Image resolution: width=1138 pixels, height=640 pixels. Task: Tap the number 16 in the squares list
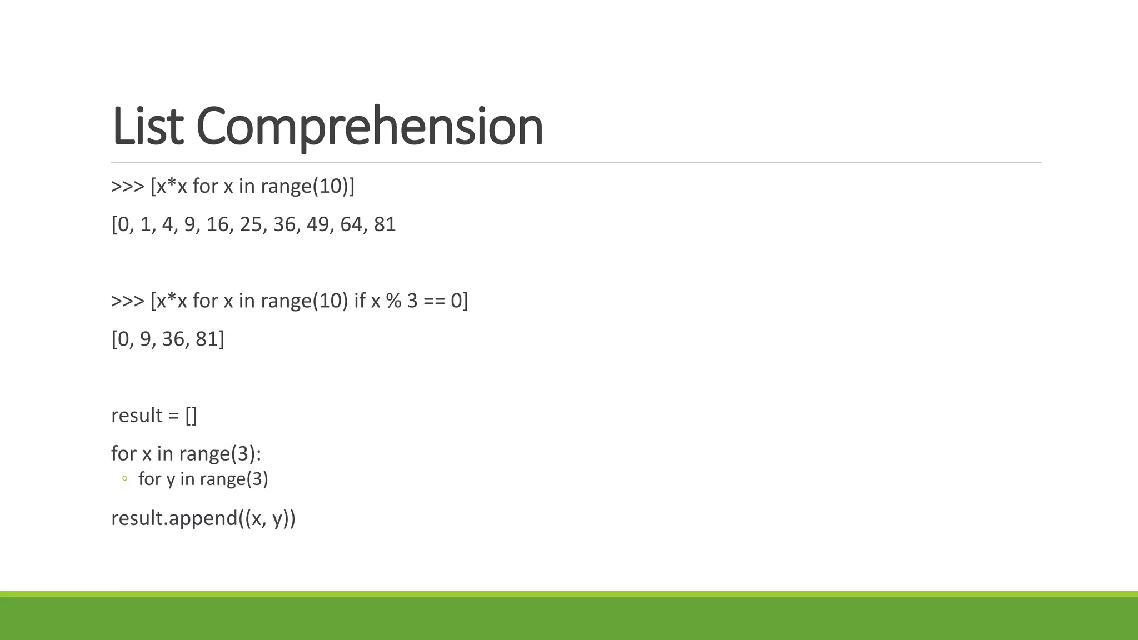click(x=217, y=224)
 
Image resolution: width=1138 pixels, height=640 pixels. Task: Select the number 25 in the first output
click(x=251, y=224)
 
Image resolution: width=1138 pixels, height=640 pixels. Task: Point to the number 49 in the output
click(x=317, y=224)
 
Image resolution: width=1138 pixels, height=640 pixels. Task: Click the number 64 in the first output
click(x=351, y=224)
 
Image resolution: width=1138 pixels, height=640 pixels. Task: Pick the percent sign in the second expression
click(x=393, y=301)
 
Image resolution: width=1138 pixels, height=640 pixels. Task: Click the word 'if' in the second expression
click(x=360, y=301)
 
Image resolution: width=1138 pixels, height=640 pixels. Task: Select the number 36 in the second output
click(x=173, y=339)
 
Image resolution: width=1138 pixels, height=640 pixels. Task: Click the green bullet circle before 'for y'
click(x=124, y=478)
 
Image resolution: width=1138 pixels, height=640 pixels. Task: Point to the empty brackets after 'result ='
click(x=191, y=416)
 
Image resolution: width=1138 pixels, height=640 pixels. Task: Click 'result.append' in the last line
click(x=174, y=518)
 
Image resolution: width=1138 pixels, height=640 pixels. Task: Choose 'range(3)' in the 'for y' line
click(x=233, y=479)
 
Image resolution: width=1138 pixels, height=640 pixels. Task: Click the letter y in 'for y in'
click(x=170, y=480)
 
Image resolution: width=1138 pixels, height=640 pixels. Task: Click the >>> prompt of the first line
click(x=128, y=186)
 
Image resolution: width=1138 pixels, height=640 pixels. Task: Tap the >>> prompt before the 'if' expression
click(x=128, y=301)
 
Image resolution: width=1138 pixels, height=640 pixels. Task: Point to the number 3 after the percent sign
click(x=412, y=301)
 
